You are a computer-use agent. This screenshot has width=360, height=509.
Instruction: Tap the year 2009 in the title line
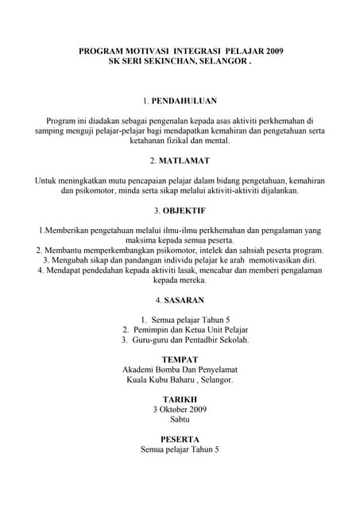click(269, 51)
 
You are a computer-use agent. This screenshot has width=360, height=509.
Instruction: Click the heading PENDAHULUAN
click(184, 102)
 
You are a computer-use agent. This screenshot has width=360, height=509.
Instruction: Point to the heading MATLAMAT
click(184, 161)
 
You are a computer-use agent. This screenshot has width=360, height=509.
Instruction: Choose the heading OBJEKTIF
click(184, 211)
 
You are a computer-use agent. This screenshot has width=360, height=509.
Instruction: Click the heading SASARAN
click(184, 300)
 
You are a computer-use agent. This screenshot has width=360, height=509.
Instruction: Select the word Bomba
click(173, 370)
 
